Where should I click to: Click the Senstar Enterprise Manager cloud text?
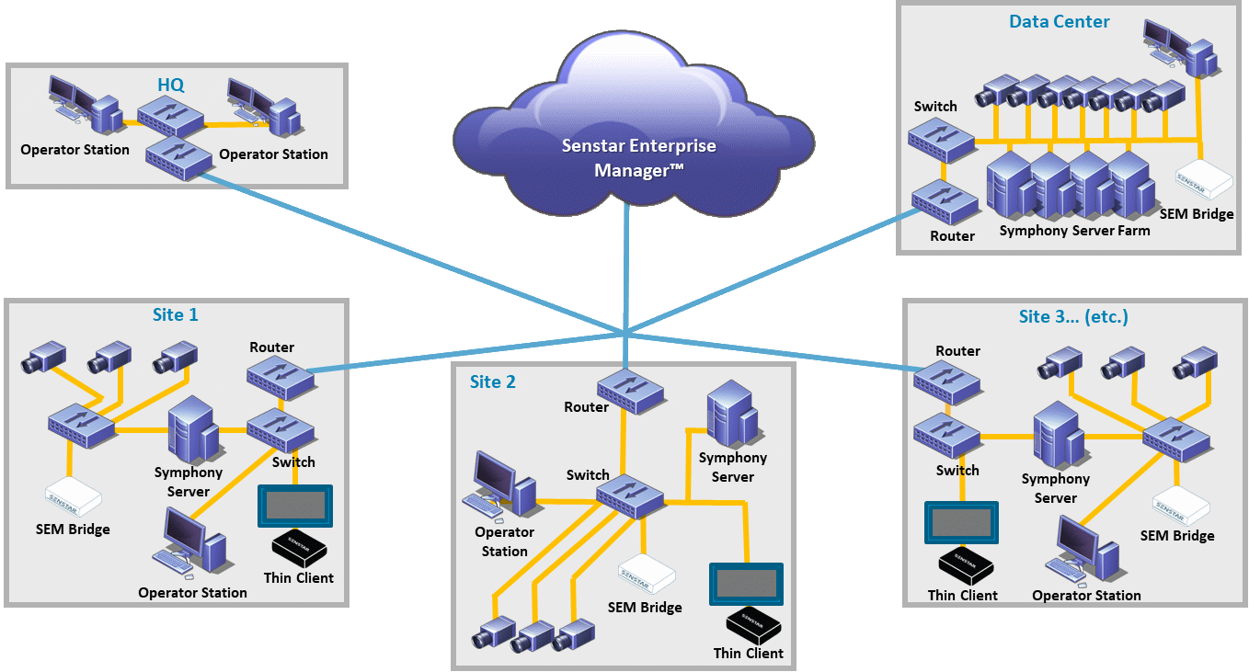pyautogui.click(x=638, y=158)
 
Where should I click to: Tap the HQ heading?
pyautogui.click(x=170, y=85)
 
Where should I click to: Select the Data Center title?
pyautogui.click(x=1059, y=21)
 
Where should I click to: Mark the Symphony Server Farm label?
pyautogui.click(x=1074, y=231)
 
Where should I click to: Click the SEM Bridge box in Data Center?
pyautogui.click(x=1206, y=181)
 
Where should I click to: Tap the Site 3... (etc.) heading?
pyautogui.click(x=1073, y=317)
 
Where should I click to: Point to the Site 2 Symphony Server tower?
pyautogui.click(x=731, y=417)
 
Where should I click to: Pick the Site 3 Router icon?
pyautogui.click(x=947, y=380)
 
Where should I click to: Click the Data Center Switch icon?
pyautogui.click(x=939, y=138)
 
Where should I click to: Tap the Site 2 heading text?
pyautogui.click(x=493, y=382)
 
